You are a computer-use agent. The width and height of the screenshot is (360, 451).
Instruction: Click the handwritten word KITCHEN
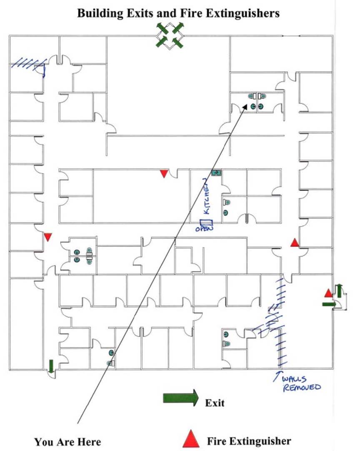[x=207, y=196]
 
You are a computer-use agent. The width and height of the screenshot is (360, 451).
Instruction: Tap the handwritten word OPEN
[x=204, y=229]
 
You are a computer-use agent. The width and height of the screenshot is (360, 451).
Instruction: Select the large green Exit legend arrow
[x=181, y=398]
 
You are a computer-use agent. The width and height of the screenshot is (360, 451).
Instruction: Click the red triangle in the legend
[x=191, y=439]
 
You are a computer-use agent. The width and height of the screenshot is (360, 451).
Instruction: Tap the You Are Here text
[x=67, y=442]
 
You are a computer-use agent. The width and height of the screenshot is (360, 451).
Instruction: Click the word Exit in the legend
[x=215, y=403]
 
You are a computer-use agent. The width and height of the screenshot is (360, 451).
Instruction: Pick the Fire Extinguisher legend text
[x=249, y=441]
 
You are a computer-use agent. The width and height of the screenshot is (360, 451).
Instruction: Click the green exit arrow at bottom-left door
[x=51, y=366]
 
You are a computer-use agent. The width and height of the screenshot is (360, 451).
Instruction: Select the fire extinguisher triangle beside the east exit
[x=328, y=293]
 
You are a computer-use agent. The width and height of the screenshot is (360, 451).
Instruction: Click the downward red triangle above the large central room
[x=164, y=174]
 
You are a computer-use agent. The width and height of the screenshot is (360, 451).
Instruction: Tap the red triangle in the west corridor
[x=48, y=237]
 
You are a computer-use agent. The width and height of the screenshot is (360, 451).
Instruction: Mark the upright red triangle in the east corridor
[x=295, y=242]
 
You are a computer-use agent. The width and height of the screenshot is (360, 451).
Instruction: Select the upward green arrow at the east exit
[x=340, y=291]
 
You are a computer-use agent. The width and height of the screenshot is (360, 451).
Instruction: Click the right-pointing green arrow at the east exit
[x=329, y=304]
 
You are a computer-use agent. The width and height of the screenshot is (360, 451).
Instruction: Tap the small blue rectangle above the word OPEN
[x=206, y=223]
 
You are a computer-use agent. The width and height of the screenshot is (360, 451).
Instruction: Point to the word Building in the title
[x=100, y=13]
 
